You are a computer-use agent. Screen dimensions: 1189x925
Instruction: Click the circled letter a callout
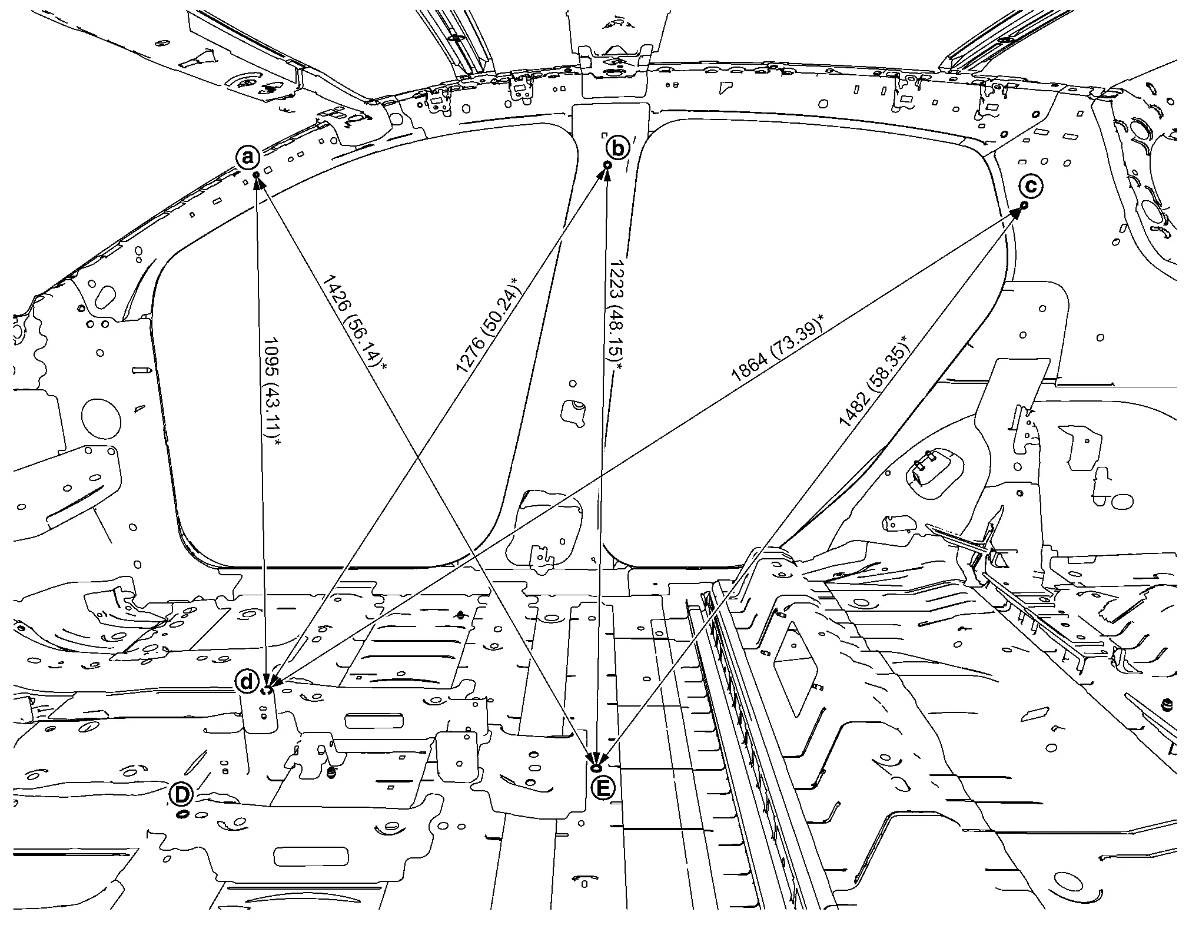pos(248,157)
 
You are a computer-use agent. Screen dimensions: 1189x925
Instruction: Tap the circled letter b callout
pos(617,148)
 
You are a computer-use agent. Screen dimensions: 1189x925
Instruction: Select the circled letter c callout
pos(1031,187)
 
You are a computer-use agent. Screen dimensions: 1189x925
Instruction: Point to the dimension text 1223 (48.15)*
pos(617,314)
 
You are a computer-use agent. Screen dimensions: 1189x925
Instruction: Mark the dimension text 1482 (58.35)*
pos(873,380)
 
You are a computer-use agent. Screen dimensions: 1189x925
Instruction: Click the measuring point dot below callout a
pos(256,175)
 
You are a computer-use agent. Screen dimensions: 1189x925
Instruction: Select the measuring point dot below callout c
pos(1025,205)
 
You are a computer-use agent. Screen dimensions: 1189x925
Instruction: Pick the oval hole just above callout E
pos(596,768)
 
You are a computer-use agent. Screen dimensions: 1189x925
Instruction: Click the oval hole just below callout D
pos(182,814)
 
